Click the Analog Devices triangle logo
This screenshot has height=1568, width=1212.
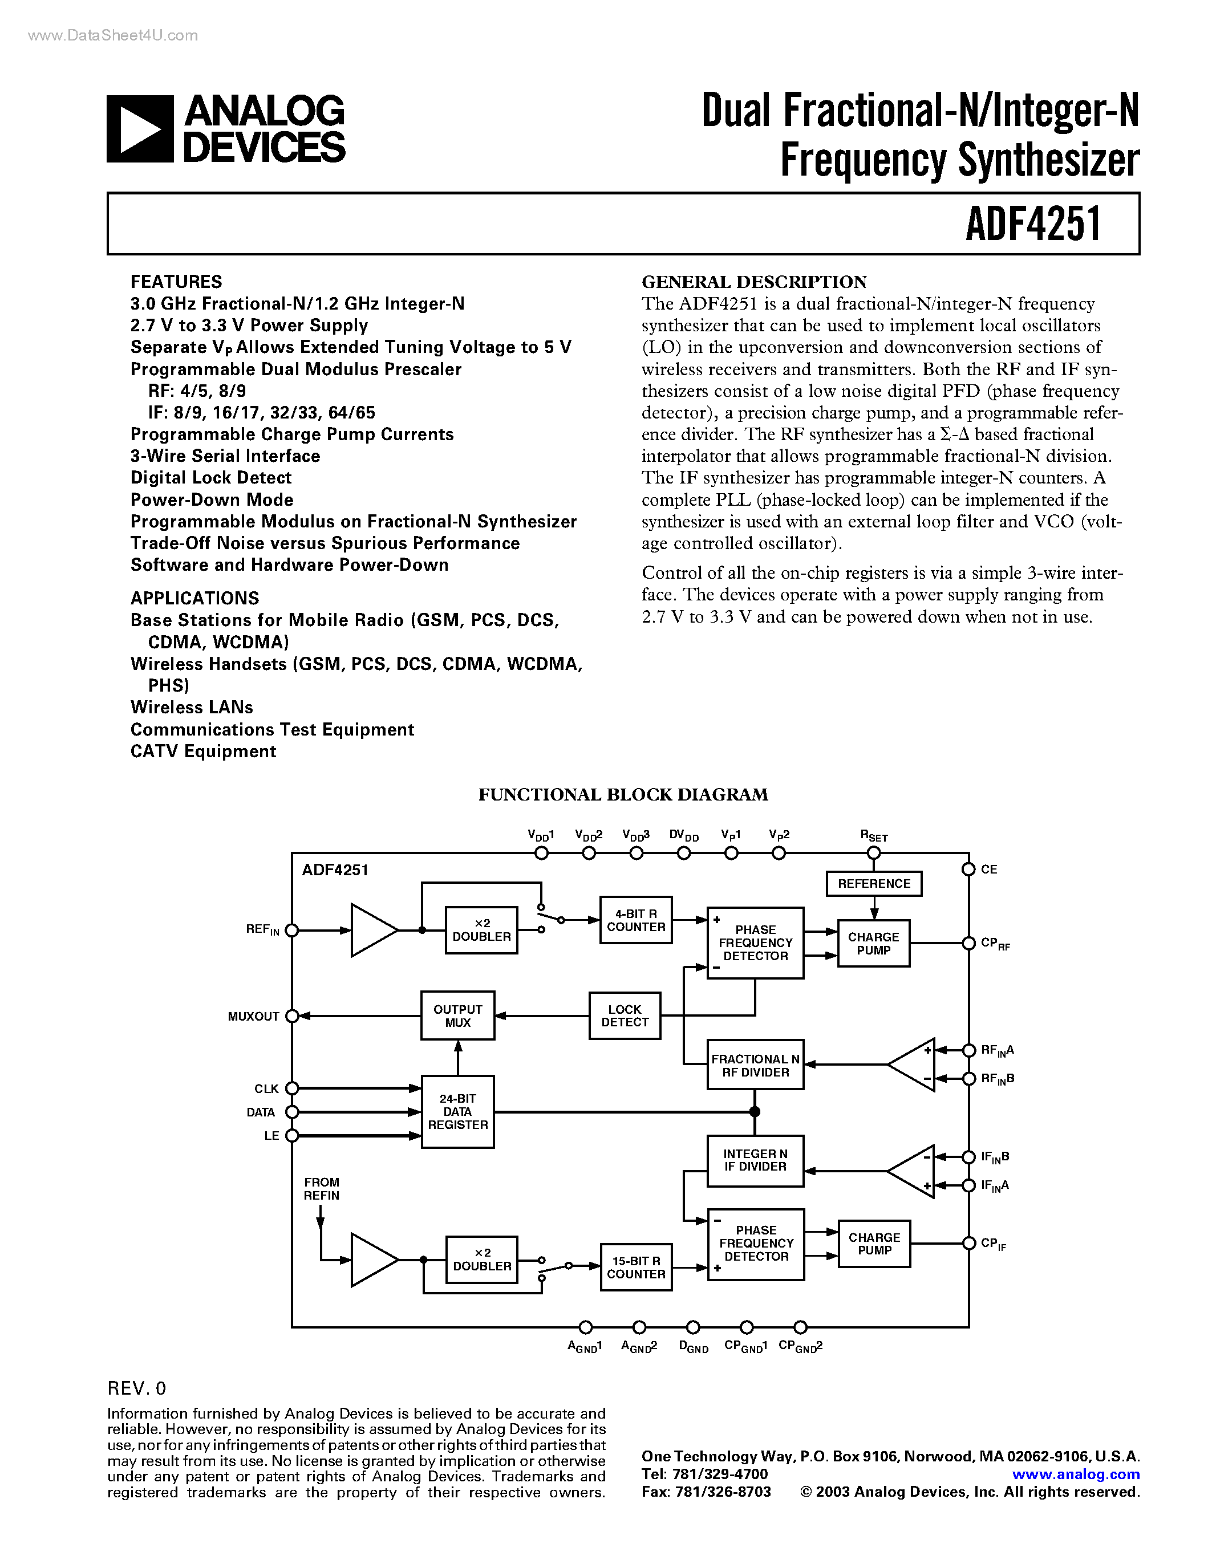click(x=140, y=129)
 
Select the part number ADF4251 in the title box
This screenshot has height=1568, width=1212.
click(x=1032, y=224)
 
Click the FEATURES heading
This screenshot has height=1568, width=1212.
click(x=176, y=282)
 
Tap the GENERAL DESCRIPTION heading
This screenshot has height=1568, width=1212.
click(x=754, y=282)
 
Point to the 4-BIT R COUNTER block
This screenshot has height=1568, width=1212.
click(x=635, y=920)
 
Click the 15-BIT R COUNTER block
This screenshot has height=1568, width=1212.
click(x=635, y=1267)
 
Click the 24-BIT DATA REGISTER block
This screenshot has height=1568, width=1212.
click(x=457, y=1111)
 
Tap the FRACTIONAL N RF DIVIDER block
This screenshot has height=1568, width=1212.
click(x=755, y=1065)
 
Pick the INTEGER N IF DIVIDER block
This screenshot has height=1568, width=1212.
click(x=755, y=1160)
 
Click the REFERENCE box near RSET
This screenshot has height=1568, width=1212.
click(x=874, y=883)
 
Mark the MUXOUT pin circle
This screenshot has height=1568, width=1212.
click(x=292, y=1016)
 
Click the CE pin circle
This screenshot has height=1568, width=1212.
click(x=968, y=870)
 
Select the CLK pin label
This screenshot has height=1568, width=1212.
click(x=266, y=1088)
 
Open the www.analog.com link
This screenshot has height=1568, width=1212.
click(x=1076, y=1474)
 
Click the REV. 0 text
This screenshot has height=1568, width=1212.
click(x=136, y=1388)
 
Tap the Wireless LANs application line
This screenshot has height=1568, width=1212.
click(x=192, y=707)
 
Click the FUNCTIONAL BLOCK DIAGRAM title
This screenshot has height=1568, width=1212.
click(x=623, y=794)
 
